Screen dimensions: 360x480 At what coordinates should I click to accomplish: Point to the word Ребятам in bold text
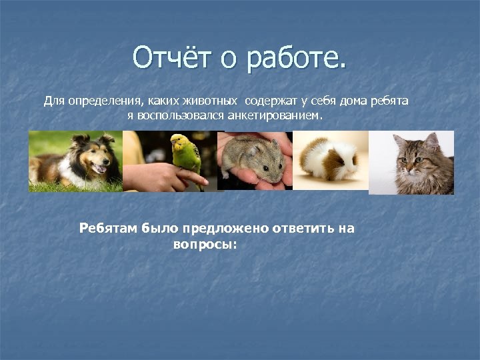click(109, 229)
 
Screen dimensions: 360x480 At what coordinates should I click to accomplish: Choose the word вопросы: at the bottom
click(205, 244)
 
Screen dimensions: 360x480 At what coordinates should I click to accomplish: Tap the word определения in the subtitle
click(99, 101)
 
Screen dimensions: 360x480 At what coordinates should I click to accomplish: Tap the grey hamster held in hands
click(257, 160)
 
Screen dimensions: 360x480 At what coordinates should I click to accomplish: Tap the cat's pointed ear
click(400, 139)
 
